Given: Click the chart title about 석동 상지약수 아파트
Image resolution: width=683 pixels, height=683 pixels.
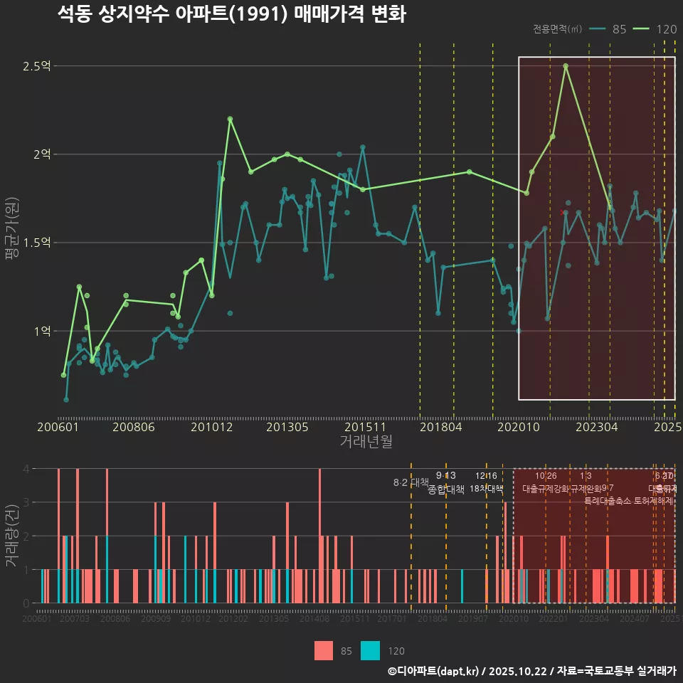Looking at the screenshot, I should (231, 14).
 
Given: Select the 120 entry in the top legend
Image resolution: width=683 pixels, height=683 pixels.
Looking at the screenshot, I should (666, 29).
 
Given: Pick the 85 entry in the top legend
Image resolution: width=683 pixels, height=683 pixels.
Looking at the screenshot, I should (619, 29).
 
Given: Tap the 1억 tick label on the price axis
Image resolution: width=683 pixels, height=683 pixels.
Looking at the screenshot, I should (41, 331).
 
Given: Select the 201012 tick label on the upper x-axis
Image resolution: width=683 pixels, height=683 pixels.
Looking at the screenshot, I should (211, 428).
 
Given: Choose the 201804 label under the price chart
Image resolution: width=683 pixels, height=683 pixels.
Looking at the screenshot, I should (440, 428).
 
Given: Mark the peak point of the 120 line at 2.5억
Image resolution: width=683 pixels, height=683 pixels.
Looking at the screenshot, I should (566, 66).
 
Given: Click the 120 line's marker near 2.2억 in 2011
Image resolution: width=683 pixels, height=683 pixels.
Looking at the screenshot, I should (230, 119).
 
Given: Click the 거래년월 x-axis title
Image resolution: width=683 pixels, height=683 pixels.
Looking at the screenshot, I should (366, 442).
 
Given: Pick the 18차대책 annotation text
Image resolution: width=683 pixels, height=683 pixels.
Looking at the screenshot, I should (486, 489).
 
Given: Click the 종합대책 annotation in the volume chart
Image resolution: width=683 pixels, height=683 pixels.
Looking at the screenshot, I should (446, 489).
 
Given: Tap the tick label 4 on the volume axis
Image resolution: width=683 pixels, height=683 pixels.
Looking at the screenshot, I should (26, 469).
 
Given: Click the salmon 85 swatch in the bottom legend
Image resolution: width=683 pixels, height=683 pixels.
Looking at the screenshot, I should (324, 650).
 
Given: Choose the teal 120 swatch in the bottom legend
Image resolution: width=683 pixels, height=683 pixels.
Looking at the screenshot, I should (370, 650).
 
